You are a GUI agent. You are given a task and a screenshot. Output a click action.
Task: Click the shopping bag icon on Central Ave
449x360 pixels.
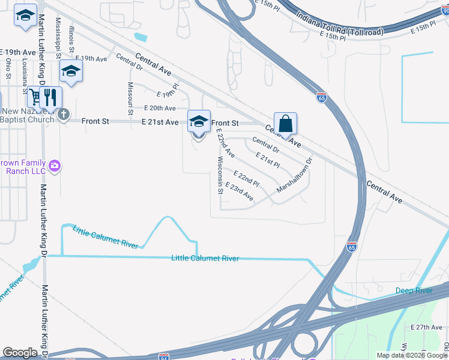[286, 124]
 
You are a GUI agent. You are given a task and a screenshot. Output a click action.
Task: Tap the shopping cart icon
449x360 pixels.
[35, 96]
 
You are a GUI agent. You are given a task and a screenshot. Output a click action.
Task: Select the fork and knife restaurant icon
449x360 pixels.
[51, 97]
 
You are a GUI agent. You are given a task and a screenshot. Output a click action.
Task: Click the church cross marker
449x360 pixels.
[64, 113]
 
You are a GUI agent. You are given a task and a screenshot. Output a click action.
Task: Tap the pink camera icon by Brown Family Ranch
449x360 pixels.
[55, 166]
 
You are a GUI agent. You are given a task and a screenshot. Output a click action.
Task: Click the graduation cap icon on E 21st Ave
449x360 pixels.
[199, 121]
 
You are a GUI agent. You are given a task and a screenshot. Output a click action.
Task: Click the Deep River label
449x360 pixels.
[414, 291]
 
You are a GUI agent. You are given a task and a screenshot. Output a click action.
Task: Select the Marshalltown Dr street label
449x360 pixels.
[295, 175]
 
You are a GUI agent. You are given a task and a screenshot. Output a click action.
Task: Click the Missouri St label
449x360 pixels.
[130, 98]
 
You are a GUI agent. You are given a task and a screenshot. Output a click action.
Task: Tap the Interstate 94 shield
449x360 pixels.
[163, 356]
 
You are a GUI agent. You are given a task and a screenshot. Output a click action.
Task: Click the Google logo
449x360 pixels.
[20, 353]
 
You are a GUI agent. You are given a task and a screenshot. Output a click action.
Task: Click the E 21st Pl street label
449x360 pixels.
[268, 160]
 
